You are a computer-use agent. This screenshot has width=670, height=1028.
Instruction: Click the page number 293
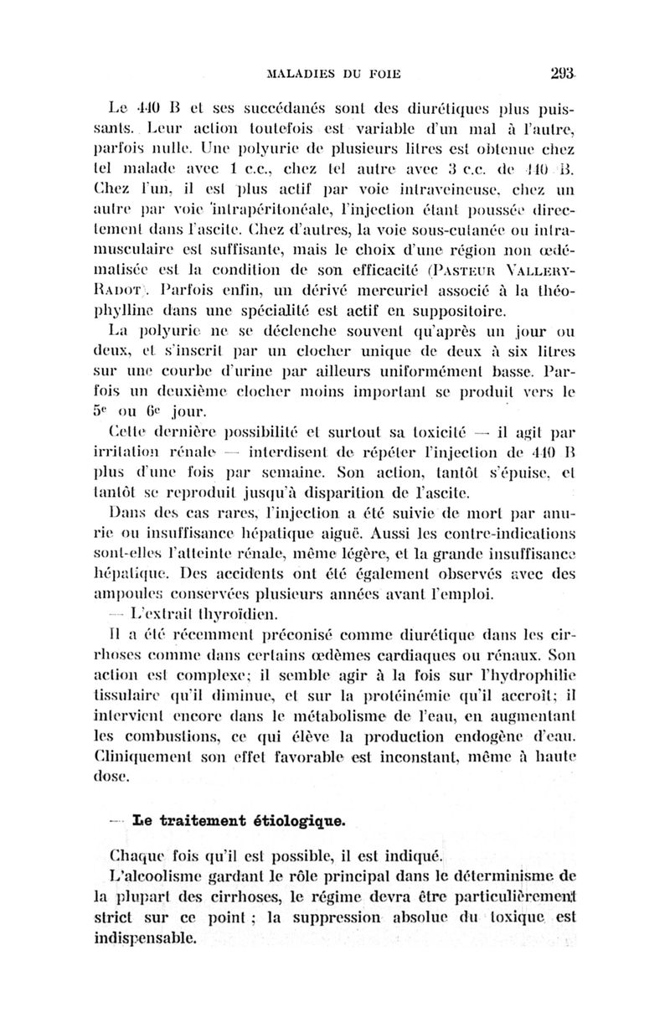click(x=557, y=73)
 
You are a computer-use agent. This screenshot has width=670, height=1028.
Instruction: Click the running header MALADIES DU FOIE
click(x=332, y=75)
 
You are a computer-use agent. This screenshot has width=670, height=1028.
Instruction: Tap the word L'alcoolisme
click(x=157, y=876)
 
